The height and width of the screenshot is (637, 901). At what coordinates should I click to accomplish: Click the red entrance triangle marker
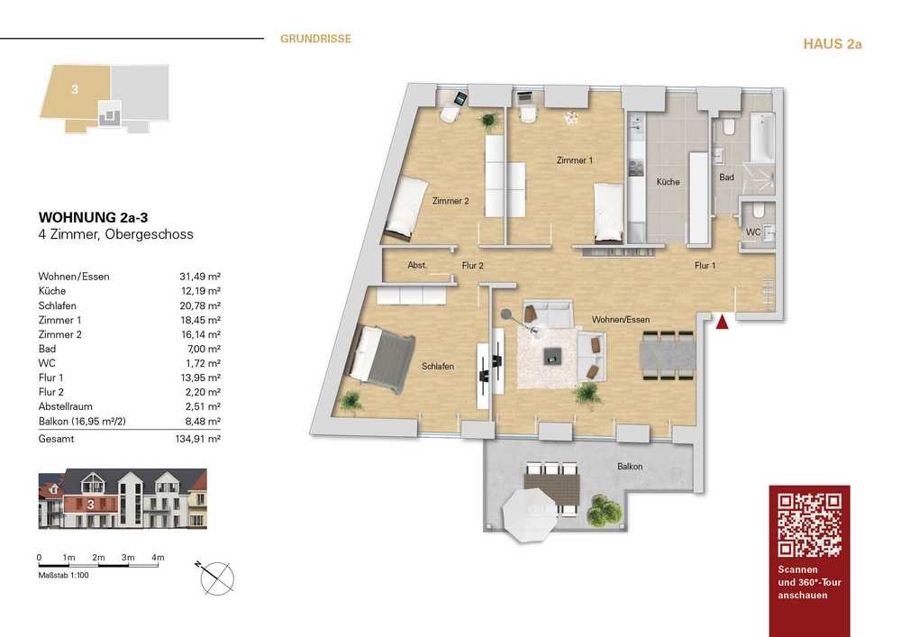(x=723, y=323)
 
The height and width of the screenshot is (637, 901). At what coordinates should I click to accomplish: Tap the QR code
(x=809, y=525)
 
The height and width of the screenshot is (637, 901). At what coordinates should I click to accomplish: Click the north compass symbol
(x=216, y=578)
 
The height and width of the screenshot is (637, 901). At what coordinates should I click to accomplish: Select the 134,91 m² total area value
(x=198, y=439)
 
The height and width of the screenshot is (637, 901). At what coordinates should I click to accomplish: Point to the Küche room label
(x=669, y=181)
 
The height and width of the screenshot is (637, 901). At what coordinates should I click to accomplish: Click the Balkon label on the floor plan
(x=630, y=467)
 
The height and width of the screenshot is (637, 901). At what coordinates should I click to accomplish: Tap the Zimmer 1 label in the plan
(x=574, y=160)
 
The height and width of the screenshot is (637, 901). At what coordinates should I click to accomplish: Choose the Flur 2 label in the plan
(x=472, y=266)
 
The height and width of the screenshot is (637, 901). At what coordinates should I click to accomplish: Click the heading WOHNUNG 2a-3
(x=93, y=217)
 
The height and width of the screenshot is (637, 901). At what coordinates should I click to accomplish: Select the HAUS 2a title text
(x=832, y=44)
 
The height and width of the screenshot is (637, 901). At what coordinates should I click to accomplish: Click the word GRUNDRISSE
(x=315, y=39)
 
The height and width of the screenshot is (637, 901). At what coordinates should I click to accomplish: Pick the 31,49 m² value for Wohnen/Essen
(x=200, y=277)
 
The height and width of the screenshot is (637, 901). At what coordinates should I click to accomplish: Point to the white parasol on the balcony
(x=530, y=515)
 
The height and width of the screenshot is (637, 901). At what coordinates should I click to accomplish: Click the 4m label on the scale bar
(x=158, y=557)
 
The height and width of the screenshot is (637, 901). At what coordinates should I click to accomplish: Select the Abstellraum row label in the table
(x=66, y=406)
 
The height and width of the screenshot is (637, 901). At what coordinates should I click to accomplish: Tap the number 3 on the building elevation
(x=91, y=505)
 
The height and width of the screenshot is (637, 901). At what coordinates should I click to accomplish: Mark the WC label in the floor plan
(x=752, y=232)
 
